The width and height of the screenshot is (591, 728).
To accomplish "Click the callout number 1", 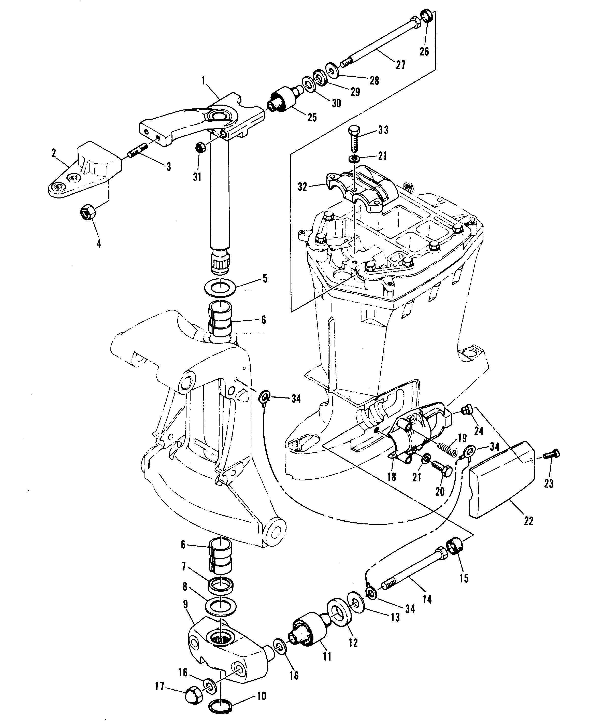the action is [204, 81].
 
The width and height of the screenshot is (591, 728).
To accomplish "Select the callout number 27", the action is [401, 64].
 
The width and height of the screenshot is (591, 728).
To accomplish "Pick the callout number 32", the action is [302, 187].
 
